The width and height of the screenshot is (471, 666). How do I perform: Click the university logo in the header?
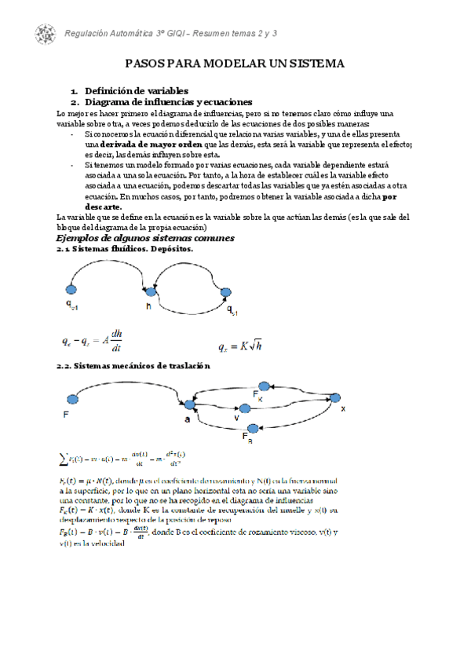pyautogui.click(x=45, y=33)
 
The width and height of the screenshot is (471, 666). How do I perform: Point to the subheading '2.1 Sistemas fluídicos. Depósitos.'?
pyautogui.click(x=125, y=249)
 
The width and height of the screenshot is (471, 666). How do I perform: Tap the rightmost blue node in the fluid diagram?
pyautogui.click(x=226, y=293)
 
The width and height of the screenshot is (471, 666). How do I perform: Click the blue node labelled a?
pyautogui.click(x=188, y=404)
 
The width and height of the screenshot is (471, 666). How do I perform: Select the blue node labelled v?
pyautogui.click(x=244, y=408)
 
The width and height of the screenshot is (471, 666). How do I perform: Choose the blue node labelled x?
pyautogui.click(x=336, y=397)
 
